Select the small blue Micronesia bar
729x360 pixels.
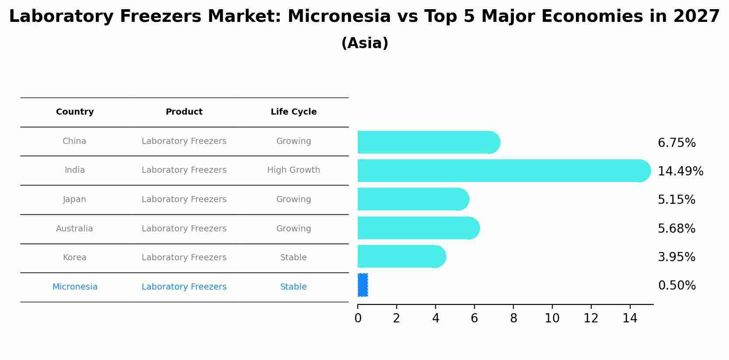[363, 285]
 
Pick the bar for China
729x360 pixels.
[428, 142]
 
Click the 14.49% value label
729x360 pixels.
[680, 171]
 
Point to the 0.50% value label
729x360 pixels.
[677, 286]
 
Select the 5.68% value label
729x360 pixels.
[676, 228]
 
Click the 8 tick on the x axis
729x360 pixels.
[513, 318]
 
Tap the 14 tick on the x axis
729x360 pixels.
[630, 318]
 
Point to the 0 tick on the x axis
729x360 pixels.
[358, 318]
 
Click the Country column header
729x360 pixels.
[75, 112]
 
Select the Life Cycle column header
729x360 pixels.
[293, 112]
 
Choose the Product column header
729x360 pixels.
[184, 112]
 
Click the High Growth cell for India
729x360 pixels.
[293, 170]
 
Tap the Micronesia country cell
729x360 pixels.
[75, 287]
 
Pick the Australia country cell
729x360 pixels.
[74, 229]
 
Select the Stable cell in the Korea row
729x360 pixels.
[293, 258]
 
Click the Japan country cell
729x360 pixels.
[74, 199]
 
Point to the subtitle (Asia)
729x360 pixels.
[364, 43]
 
